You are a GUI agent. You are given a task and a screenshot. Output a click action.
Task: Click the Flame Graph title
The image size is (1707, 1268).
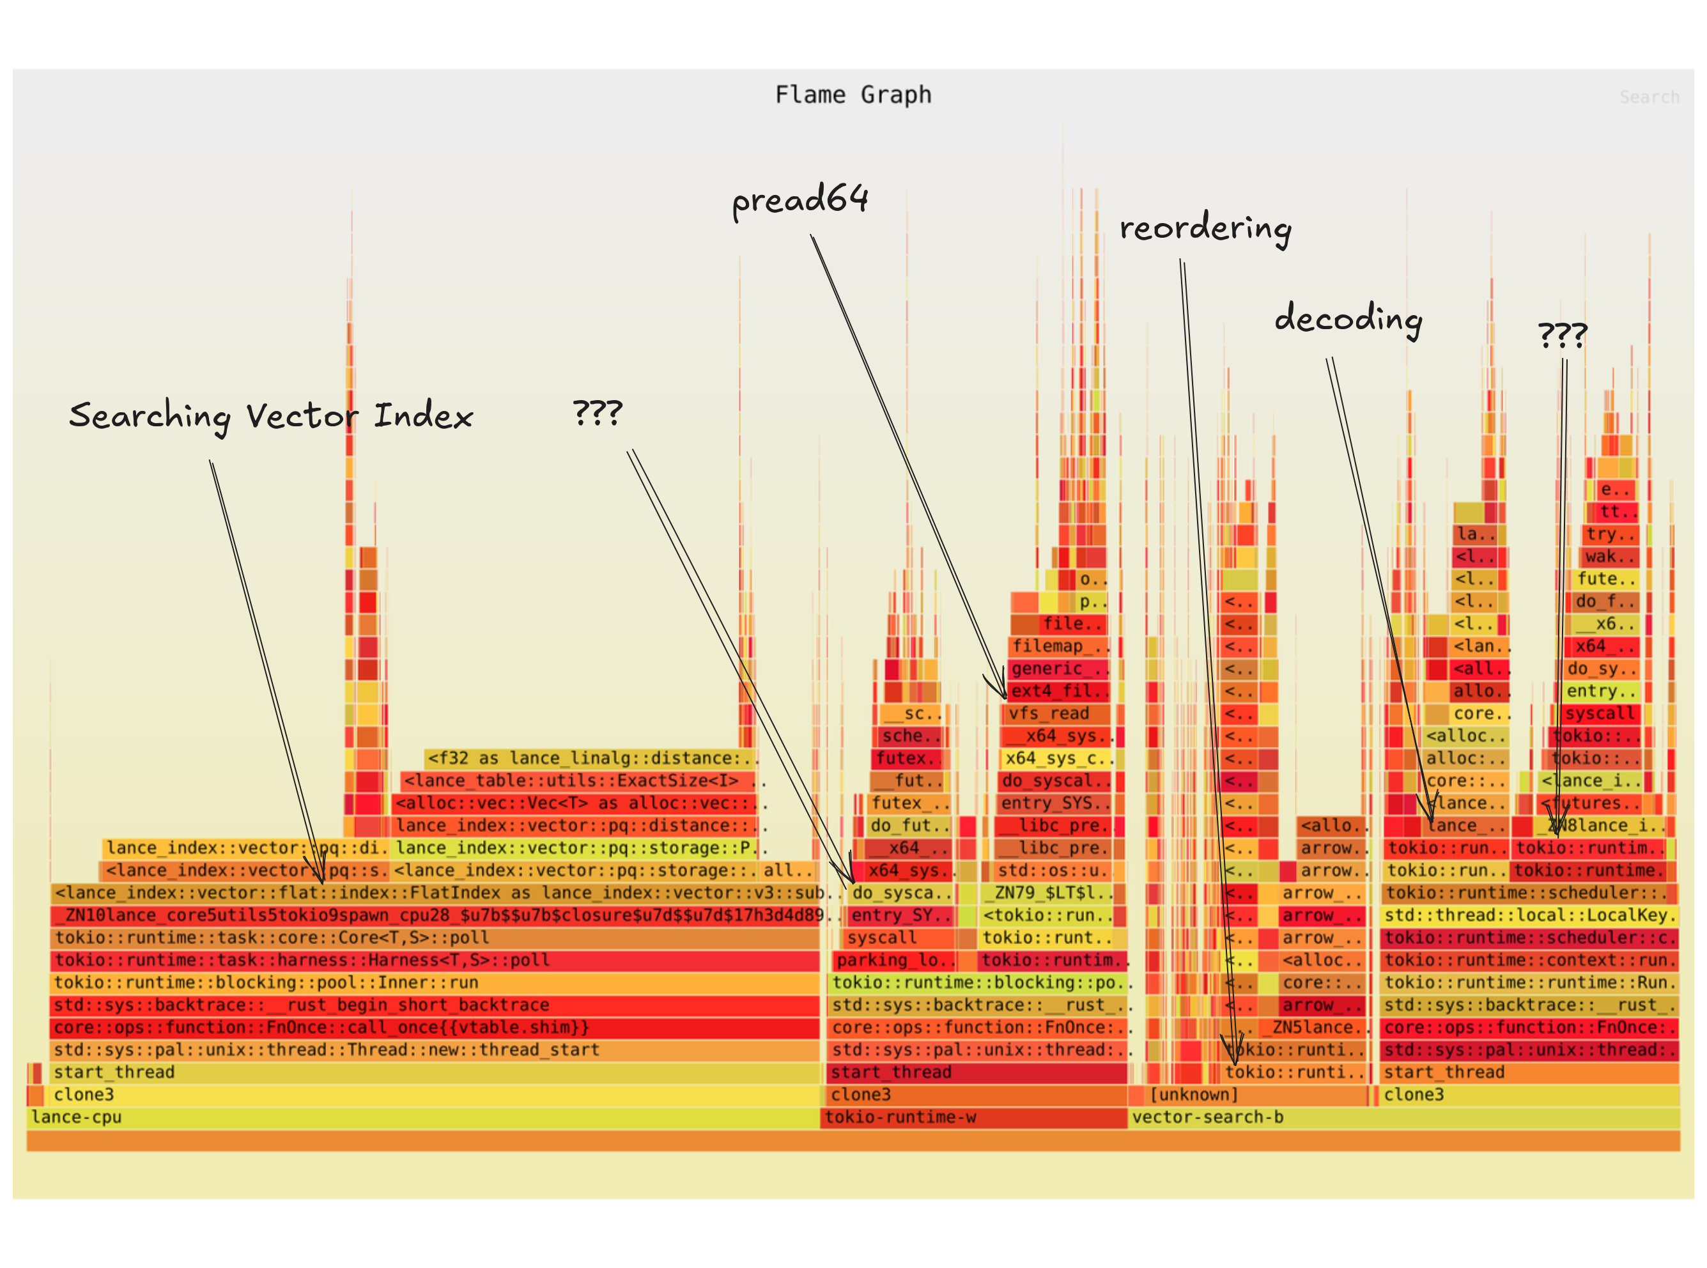click(x=853, y=95)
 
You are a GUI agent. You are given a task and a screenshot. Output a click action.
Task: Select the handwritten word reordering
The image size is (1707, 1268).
click(x=1205, y=229)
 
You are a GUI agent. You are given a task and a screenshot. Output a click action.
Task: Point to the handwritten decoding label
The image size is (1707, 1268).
click(x=1348, y=318)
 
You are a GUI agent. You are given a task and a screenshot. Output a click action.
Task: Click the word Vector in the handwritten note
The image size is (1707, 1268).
click(x=302, y=417)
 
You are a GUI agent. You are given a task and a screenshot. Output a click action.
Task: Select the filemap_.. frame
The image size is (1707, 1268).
click(x=1058, y=646)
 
